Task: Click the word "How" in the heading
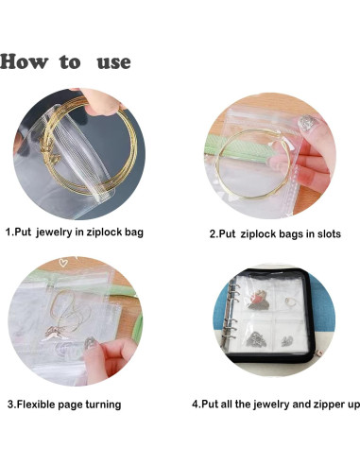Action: pyautogui.click(x=25, y=61)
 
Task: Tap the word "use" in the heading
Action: pyautogui.click(x=113, y=62)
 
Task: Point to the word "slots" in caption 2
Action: pyautogui.click(x=329, y=234)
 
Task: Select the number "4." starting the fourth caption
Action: pyautogui.click(x=197, y=405)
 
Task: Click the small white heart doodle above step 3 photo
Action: pyautogui.click(x=63, y=262)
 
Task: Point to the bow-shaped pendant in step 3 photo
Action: pyautogui.click(x=56, y=334)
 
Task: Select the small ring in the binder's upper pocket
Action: pyautogui.click(x=289, y=301)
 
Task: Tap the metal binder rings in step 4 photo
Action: pyautogui.click(x=232, y=315)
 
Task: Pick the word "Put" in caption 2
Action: pyautogui.click(x=227, y=234)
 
